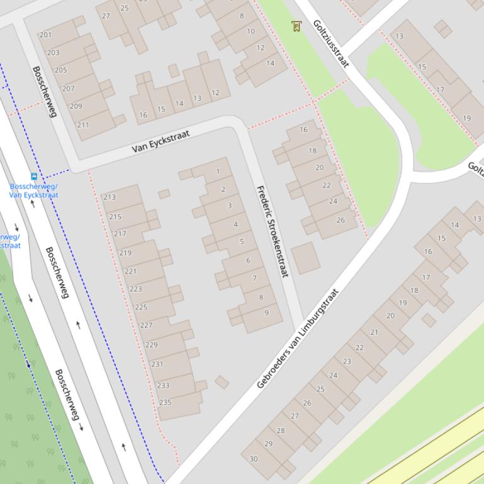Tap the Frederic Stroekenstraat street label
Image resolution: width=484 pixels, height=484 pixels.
[x=272, y=231]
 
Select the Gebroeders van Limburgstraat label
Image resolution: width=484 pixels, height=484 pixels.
[x=298, y=338]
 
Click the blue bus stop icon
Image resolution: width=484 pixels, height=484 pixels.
[x=34, y=177]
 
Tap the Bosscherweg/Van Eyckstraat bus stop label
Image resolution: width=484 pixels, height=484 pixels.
[x=34, y=191]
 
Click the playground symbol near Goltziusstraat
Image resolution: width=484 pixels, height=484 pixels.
[x=296, y=26]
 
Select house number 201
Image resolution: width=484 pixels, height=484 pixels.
[x=45, y=35]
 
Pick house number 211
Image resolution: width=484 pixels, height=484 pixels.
[x=82, y=124]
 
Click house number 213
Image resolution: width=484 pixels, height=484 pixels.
[x=110, y=197]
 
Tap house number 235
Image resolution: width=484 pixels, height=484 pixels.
[x=166, y=402]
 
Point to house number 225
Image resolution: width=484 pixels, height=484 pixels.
[x=141, y=307]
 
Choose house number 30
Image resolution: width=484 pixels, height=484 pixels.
[x=254, y=459]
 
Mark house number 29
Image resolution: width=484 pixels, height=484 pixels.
[x=269, y=444]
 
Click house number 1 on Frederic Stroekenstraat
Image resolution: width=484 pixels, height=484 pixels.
[x=218, y=172]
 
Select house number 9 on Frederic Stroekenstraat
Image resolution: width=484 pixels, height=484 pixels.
[x=267, y=313]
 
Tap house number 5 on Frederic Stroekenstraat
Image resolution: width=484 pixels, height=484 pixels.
[x=242, y=241]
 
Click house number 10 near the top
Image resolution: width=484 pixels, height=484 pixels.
[x=251, y=31]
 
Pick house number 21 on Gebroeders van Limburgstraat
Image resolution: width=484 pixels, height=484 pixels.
[x=374, y=332]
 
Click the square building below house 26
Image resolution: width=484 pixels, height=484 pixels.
[x=305, y=258]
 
